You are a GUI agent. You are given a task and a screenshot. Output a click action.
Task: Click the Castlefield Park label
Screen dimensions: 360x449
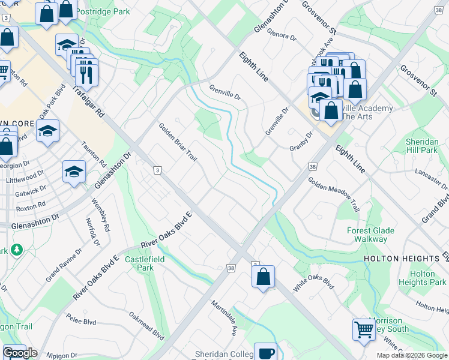click(x=145, y=263)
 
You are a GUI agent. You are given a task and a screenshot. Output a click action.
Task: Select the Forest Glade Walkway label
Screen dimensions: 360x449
click(x=370, y=235)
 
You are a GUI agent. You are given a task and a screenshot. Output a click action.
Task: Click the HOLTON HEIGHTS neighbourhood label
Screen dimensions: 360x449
click(x=402, y=259)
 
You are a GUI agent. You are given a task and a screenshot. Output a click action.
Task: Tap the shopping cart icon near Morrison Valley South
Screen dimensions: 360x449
click(x=364, y=329)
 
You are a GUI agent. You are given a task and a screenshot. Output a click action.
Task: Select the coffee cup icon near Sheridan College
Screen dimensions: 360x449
click(x=265, y=352)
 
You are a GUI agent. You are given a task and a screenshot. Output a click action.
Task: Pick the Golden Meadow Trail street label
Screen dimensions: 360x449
click(x=334, y=194)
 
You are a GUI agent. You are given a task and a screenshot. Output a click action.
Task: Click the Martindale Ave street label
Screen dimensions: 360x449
click(x=224, y=317)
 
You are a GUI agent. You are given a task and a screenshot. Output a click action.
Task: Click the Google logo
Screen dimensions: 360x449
click(x=19, y=352)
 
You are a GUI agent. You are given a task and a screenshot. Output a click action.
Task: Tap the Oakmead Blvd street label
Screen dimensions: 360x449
click(x=146, y=326)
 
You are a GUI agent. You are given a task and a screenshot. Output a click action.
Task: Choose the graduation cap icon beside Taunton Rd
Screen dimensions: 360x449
click(x=74, y=172)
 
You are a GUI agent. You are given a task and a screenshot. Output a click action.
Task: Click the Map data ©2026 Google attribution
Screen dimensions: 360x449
click(x=412, y=355)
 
